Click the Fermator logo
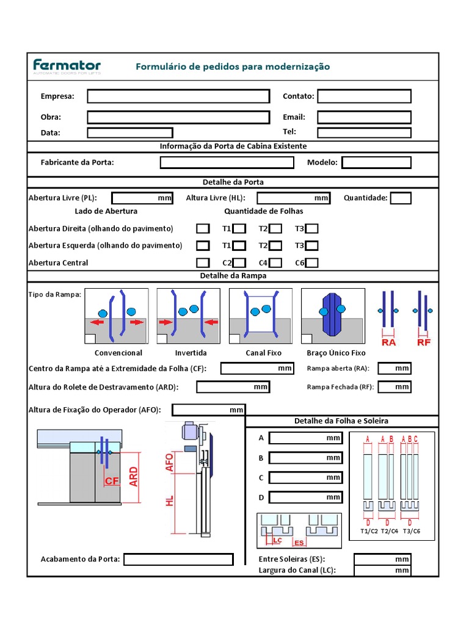67,67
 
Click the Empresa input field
178,96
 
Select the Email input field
364,117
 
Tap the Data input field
130,132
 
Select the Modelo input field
376,162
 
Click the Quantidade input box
401,198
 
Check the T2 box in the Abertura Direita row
276,229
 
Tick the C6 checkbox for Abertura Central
312,263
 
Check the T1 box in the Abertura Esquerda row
240,246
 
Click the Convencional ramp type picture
116,316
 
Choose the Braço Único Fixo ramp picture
333,316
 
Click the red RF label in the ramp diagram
424,342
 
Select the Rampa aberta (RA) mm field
394,368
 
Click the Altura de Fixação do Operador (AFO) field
208,410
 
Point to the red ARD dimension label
134,476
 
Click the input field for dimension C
305,478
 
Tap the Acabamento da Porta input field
178,559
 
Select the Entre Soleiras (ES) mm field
382,559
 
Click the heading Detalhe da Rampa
233,276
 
